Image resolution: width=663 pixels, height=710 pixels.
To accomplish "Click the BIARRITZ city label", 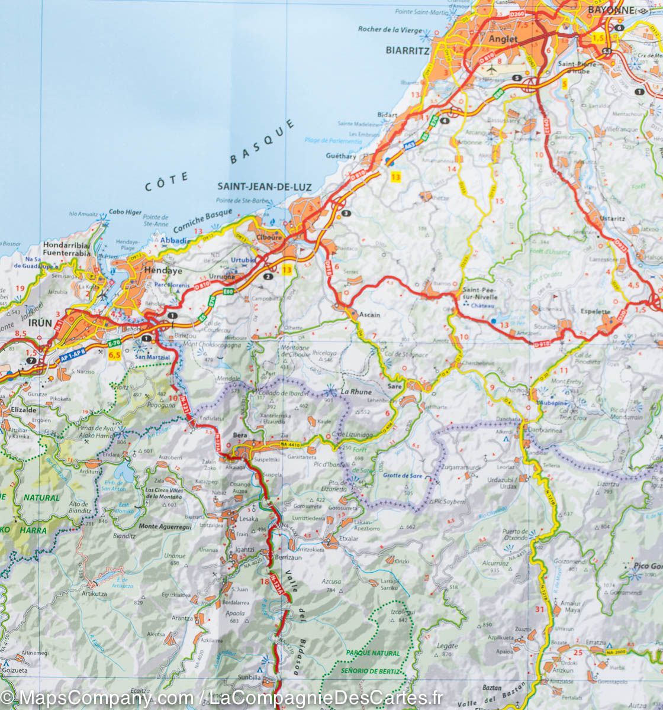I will click(407, 51).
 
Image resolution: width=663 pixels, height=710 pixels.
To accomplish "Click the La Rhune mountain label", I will click(356, 392).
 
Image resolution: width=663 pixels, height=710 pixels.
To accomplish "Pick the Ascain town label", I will click(369, 315).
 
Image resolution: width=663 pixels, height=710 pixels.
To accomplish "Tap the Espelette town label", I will click(598, 311).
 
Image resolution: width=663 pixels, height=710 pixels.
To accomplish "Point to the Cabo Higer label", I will click(125, 212).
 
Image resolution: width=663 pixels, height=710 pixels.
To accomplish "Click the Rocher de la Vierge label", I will click(390, 30).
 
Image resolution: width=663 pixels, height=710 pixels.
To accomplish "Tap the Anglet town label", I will click(504, 40).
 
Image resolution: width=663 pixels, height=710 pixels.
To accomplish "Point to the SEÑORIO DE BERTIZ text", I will click(368, 671).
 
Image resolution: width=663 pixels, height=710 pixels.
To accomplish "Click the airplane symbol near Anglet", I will click(491, 69).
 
